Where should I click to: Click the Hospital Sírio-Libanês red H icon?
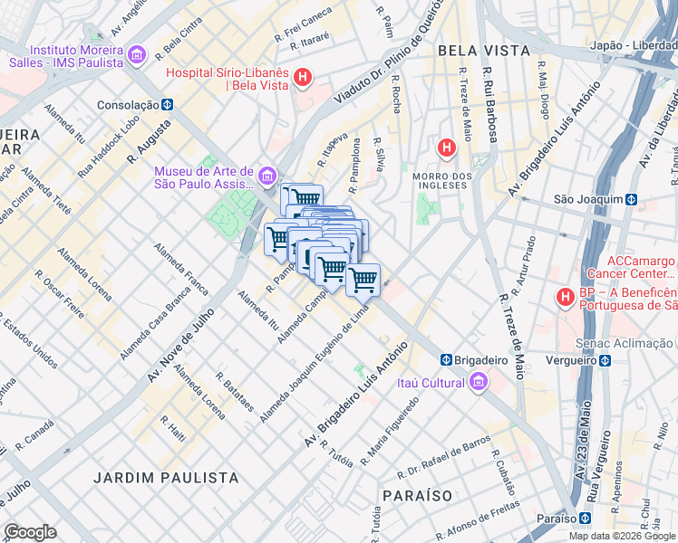click(x=304, y=80)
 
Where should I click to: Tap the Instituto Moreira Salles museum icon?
click(x=137, y=55)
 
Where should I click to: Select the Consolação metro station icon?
click(x=168, y=104)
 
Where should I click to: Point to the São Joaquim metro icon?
click(x=631, y=199)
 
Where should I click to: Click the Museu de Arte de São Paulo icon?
click(x=267, y=176)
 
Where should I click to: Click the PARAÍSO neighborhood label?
click(x=417, y=496)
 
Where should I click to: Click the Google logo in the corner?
click(x=30, y=532)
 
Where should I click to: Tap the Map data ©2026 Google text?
click(x=621, y=536)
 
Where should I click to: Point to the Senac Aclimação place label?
click(x=625, y=343)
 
